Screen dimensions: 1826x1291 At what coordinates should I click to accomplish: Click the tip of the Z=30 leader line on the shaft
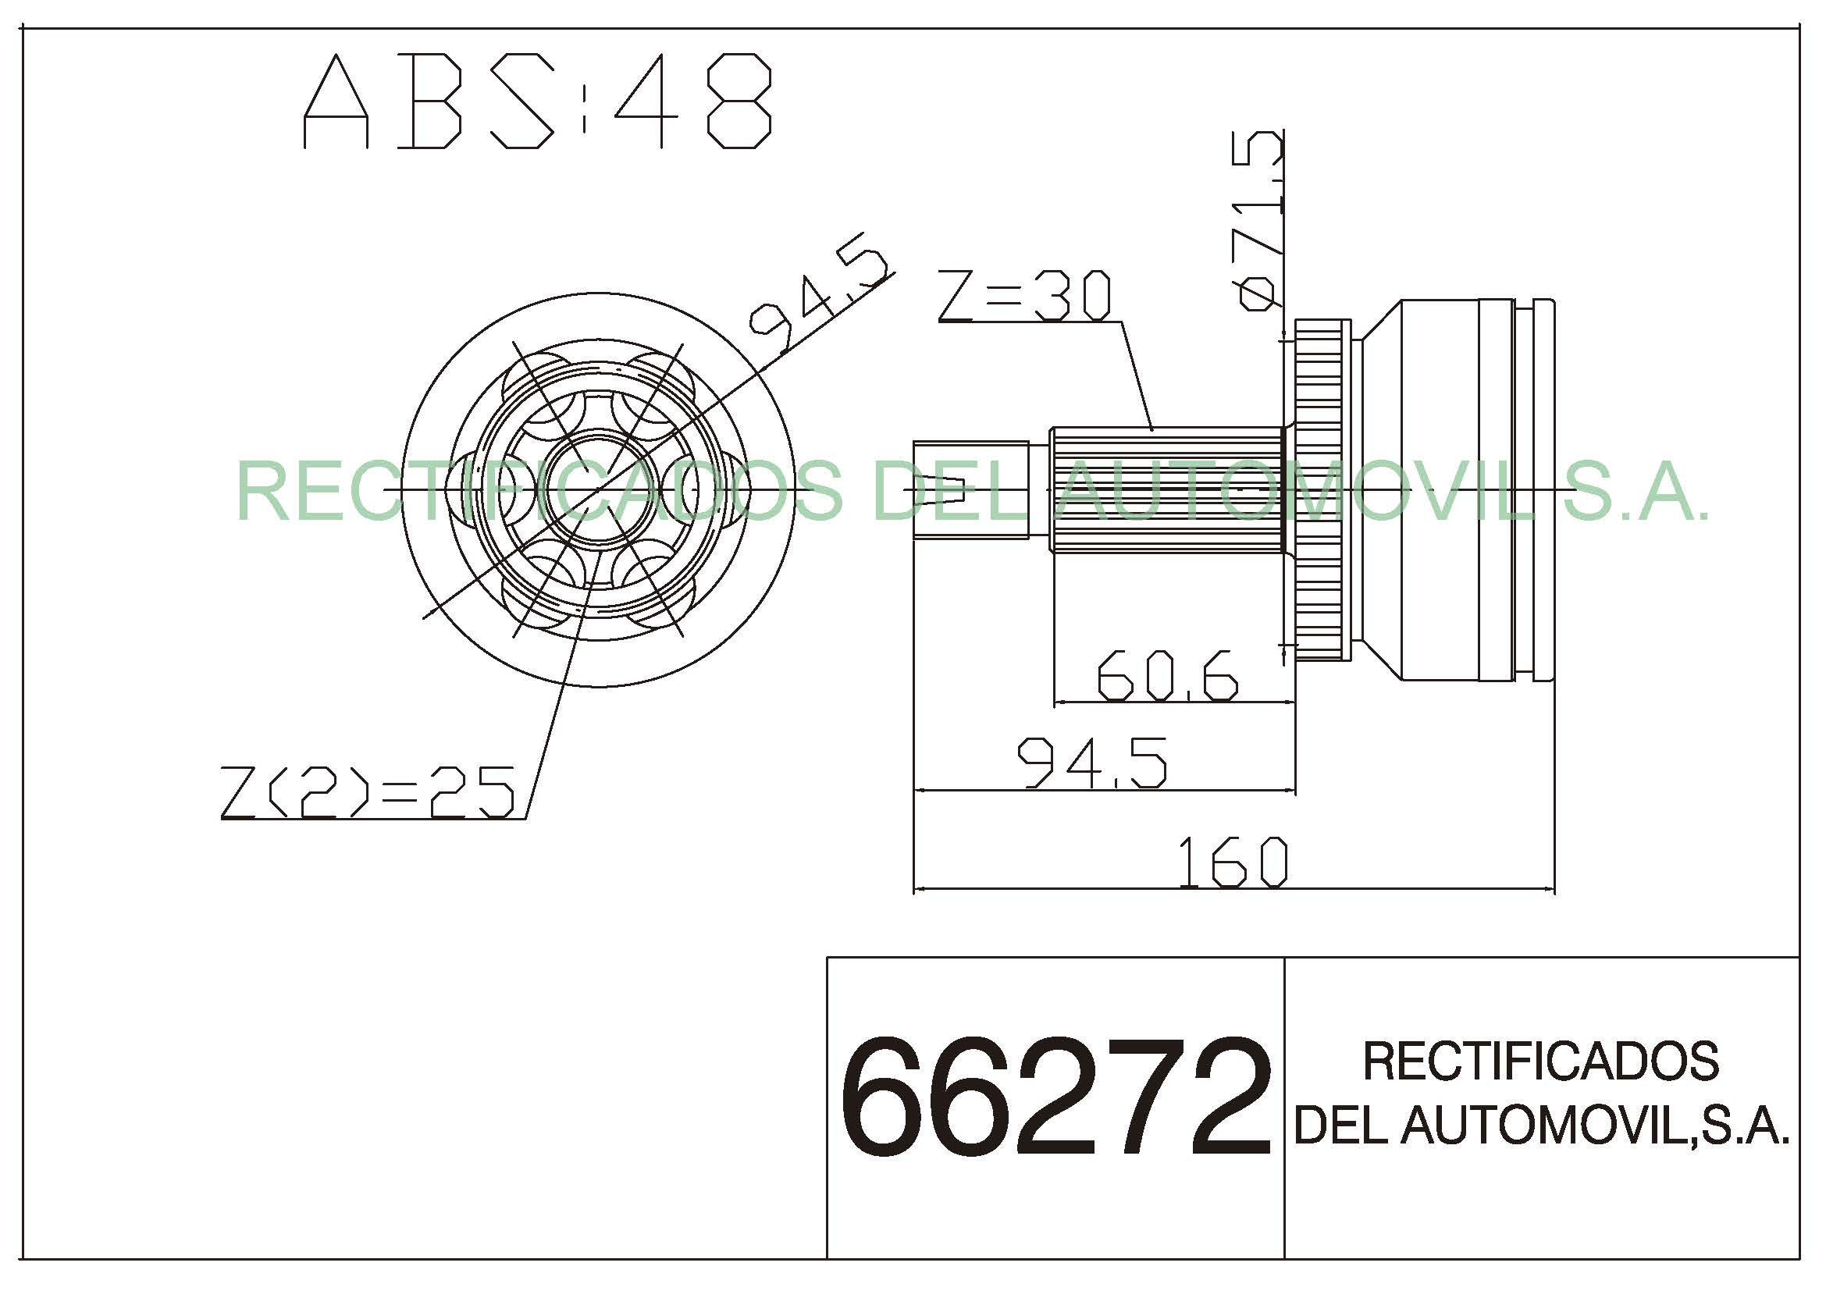coord(1152,430)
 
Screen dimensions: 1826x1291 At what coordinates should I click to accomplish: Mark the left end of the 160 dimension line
coord(914,888)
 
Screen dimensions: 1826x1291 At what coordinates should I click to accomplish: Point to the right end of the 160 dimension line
coord(1554,888)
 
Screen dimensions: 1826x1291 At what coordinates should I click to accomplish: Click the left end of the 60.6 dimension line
coord(1054,702)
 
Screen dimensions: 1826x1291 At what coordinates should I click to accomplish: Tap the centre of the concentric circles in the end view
coord(598,489)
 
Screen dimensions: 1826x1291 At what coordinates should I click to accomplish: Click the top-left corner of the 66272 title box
coord(827,957)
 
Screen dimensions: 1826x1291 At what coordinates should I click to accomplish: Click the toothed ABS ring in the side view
coord(1322,490)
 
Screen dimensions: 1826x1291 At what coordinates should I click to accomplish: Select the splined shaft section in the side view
coord(1169,490)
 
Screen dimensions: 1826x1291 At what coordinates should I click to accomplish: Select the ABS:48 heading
coord(538,101)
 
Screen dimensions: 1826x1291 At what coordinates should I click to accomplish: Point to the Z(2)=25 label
coord(368,791)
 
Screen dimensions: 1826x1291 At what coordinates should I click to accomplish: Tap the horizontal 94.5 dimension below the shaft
coord(1093,763)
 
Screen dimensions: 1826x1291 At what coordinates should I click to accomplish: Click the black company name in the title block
coord(1541,1093)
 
